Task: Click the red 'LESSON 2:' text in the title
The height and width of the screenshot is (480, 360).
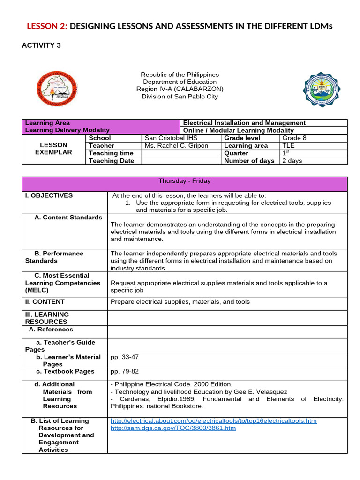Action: point(46,26)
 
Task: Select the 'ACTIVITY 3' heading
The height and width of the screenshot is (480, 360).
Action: point(41,45)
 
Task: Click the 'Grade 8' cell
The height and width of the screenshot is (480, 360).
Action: point(294,138)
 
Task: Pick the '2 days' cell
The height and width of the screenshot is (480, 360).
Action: point(292,161)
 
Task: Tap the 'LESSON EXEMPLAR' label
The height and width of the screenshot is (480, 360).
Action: point(53,149)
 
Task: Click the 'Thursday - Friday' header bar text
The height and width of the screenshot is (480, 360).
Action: point(185,181)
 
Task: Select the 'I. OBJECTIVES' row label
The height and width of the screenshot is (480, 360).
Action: point(49,195)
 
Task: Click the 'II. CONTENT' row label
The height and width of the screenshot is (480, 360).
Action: point(45,302)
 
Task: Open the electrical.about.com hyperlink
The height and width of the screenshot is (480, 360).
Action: point(213,421)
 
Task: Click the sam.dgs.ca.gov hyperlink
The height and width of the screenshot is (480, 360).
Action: point(173,428)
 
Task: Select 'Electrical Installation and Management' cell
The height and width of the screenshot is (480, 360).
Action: point(244,123)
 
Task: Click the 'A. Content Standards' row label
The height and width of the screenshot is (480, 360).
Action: point(68,217)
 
